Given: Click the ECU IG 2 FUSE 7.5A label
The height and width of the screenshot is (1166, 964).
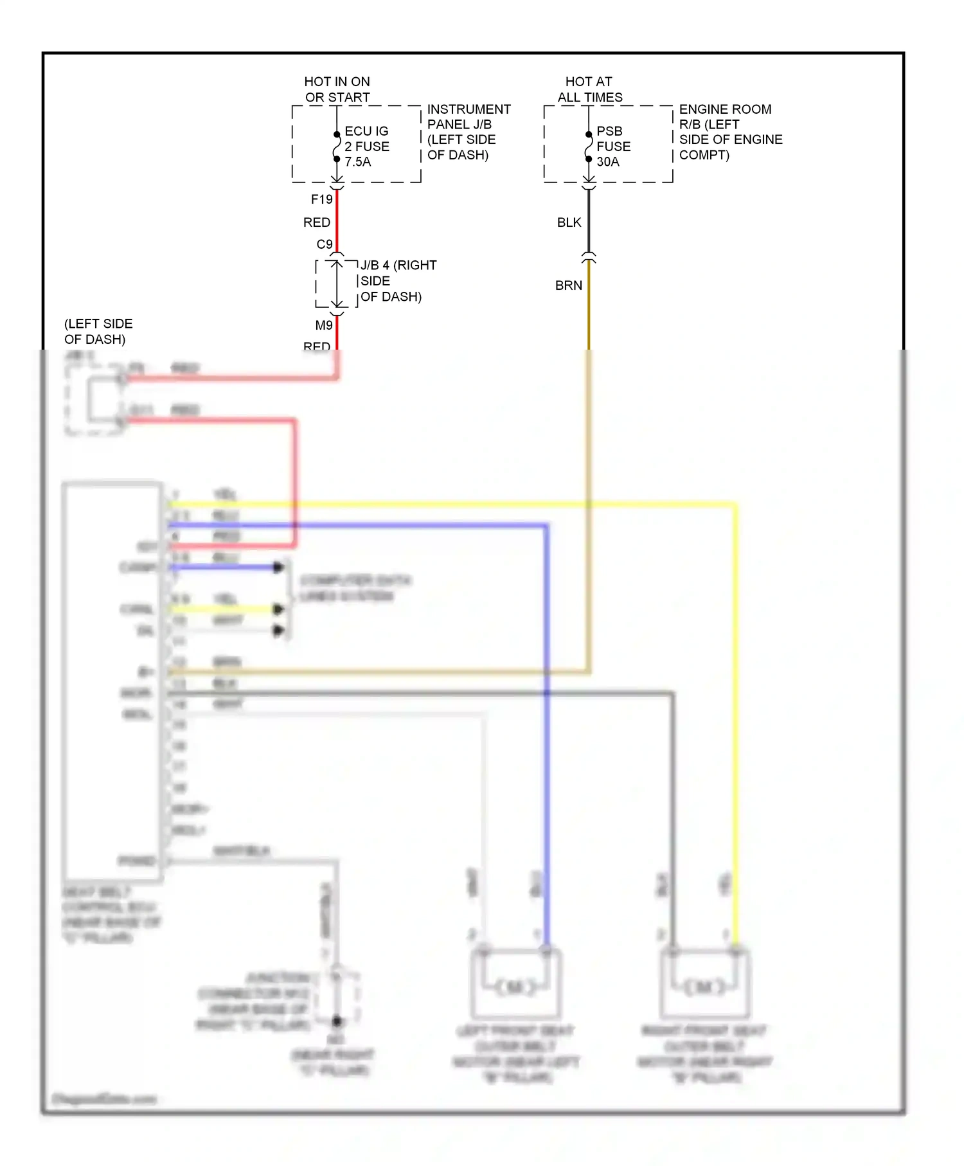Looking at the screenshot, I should (x=366, y=147).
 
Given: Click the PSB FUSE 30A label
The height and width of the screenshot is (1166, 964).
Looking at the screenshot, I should (x=613, y=147).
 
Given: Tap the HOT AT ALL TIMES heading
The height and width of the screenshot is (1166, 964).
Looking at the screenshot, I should (x=589, y=89).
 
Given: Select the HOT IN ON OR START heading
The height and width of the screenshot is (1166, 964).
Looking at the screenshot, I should (x=337, y=89).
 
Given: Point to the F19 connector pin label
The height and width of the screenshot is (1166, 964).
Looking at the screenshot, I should (x=321, y=199).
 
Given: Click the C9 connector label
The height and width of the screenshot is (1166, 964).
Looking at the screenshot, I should (x=324, y=244).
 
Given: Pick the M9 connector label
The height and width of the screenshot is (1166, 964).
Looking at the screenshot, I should (x=323, y=325).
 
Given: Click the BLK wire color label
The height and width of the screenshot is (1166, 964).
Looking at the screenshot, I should (x=569, y=222).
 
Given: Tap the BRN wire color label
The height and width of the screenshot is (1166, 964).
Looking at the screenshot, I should (x=568, y=285).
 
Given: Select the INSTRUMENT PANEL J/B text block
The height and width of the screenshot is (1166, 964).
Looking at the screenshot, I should (x=469, y=132).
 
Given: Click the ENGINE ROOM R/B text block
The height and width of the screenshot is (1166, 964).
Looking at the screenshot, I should (x=730, y=132).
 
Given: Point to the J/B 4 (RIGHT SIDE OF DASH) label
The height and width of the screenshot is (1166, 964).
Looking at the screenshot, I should (x=397, y=281).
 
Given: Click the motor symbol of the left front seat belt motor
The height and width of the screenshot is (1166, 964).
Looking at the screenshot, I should (x=516, y=987).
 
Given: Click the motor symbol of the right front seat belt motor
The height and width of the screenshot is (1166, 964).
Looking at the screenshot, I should (x=705, y=987).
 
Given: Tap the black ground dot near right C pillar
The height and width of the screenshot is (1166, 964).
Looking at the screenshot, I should (x=337, y=1021).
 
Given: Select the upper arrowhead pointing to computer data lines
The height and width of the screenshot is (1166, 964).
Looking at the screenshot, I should (x=278, y=568).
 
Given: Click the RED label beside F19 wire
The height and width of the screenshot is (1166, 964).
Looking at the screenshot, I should (x=316, y=222).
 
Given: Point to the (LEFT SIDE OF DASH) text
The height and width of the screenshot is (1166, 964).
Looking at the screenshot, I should (x=98, y=331).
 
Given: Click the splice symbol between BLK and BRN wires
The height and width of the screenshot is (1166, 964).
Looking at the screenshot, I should (x=589, y=257).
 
